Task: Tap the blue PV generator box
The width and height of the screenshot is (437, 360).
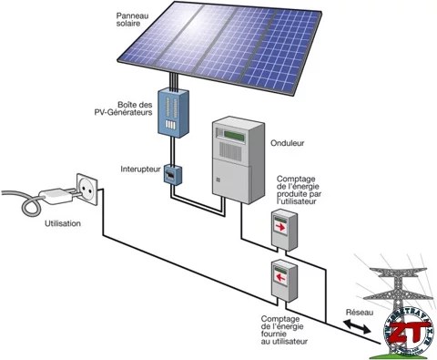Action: tap(172, 117)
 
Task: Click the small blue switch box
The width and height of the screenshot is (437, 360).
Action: tap(171, 174)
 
